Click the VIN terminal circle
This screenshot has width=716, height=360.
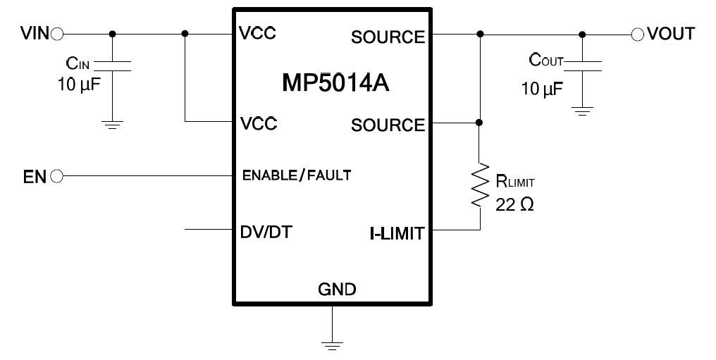tap(57, 34)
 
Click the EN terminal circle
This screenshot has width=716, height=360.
tap(56, 176)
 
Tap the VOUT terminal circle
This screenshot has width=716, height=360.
tap(638, 35)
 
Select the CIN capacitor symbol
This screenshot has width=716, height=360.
tap(112, 66)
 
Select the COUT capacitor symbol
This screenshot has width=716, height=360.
tap(582, 66)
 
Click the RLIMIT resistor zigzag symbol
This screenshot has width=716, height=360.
tap(480, 185)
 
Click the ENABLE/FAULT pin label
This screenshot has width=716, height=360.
tap(297, 175)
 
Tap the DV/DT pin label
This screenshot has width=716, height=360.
tap(266, 232)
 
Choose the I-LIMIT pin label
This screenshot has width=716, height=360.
tap(397, 234)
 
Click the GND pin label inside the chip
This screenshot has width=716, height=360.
tap(337, 290)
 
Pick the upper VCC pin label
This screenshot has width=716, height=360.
tap(258, 33)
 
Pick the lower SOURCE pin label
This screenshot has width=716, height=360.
tap(388, 125)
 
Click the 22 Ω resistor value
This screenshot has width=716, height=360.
tap(514, 205)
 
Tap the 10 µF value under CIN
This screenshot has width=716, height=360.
tap(78, 84)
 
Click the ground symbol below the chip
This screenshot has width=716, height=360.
tap(332, 345)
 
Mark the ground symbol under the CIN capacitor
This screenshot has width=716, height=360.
tap(112, 125)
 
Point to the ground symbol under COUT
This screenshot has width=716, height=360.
tap(582, 111)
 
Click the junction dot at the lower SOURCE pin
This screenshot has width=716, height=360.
tap(479, 123)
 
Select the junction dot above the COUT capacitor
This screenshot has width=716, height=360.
tap(582, 35)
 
